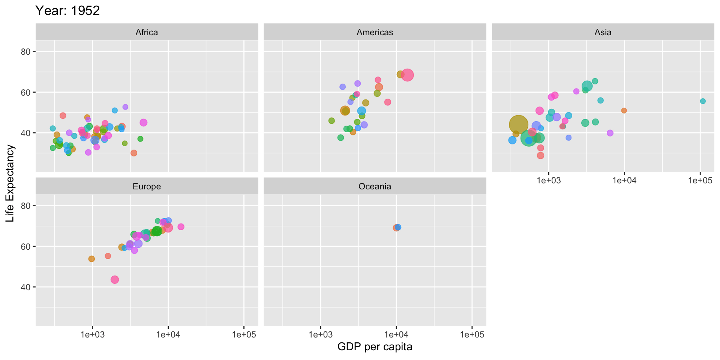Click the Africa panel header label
tap(147, 32)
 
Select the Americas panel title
tap(375, 32)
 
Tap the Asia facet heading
tap(603, 32)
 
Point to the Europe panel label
tap(147, 186)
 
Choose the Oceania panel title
tap(375, 186)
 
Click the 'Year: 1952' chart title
tap(67, 10)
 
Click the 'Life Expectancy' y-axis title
tap(10, 183)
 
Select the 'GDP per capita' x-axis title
tap(375, 346)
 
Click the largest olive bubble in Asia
tap(518, 124)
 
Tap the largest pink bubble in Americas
tap(407, 75)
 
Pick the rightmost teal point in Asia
tap(703, 101)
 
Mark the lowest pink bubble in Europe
tap(115, 279)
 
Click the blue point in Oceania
tap(398, 227)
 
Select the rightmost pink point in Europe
tap(181, 227)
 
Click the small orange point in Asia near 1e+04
tap(624, 111)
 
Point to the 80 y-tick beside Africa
tap(25, 52)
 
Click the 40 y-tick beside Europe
tap(25, 287)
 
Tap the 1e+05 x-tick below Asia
tap(700, 180)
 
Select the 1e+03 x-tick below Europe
tap(92, 334)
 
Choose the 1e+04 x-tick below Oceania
tap(396, 334)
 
